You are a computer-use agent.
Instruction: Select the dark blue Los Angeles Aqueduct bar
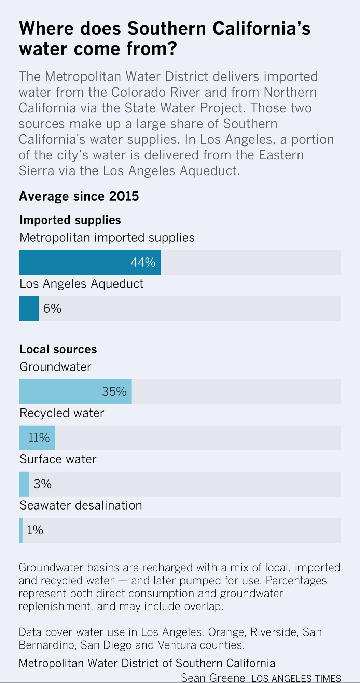29,308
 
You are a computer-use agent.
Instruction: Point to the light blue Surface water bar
24,484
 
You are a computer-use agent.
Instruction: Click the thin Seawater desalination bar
21,530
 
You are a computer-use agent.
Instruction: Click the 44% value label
143,262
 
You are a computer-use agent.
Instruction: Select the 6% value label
52,308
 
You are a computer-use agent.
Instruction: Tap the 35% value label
114,391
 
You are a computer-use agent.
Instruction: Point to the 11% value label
39,437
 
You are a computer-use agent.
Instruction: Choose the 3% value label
43,484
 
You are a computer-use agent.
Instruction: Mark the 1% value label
35,530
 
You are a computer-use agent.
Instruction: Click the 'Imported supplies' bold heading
70,220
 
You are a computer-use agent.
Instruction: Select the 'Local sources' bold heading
58,349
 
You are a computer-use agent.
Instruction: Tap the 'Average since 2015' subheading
79,196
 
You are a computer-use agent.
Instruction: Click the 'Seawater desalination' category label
81,505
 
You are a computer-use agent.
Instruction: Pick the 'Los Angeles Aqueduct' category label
81,283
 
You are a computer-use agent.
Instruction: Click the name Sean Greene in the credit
213,678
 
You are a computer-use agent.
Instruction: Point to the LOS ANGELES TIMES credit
296,678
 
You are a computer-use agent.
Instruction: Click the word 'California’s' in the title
261,28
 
